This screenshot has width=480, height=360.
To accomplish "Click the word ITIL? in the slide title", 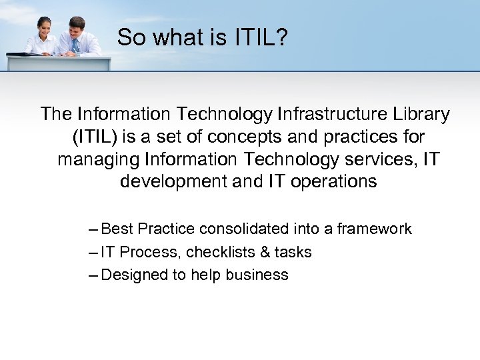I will pyautogui.click(x=261, y=38).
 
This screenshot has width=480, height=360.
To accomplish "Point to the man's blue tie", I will pyautogui.click(x=75, y=44).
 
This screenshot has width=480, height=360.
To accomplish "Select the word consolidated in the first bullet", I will pyautogui.click(x=243, y=229).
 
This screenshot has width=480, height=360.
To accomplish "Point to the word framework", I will pyautogui.click(x=374, y=229).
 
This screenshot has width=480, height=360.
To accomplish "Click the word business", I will pyautogui.click(x=257, y=275).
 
